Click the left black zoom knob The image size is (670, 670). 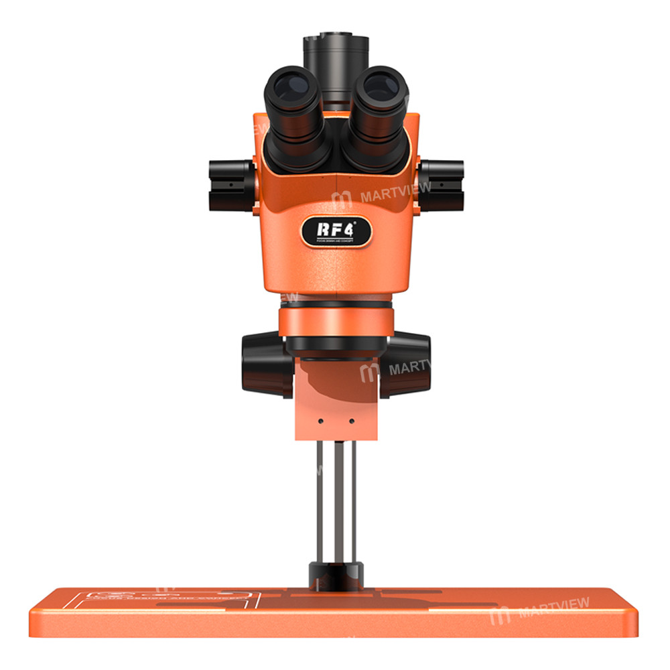click(x=228, y=184)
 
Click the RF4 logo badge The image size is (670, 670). click(x=336, y=232)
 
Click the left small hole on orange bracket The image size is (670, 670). click(x=321, y=421)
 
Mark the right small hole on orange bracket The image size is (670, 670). click(x=351, y=421)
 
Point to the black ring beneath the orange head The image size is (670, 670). click(x=336, y=343)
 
